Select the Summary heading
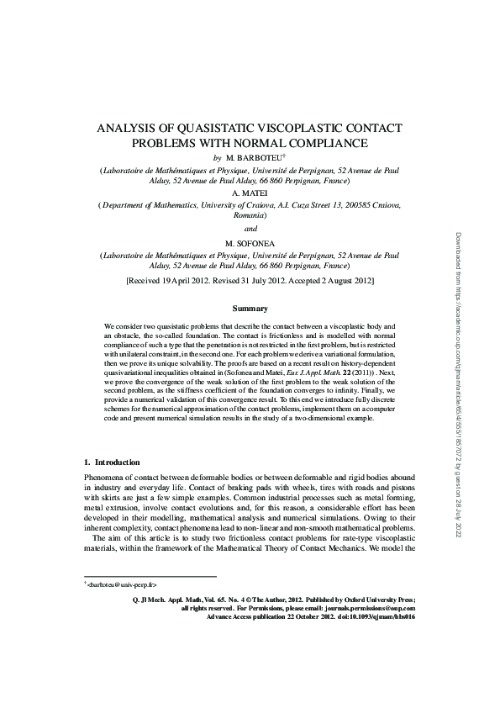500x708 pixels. point(250,309)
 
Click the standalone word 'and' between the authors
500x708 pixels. point(250,228)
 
